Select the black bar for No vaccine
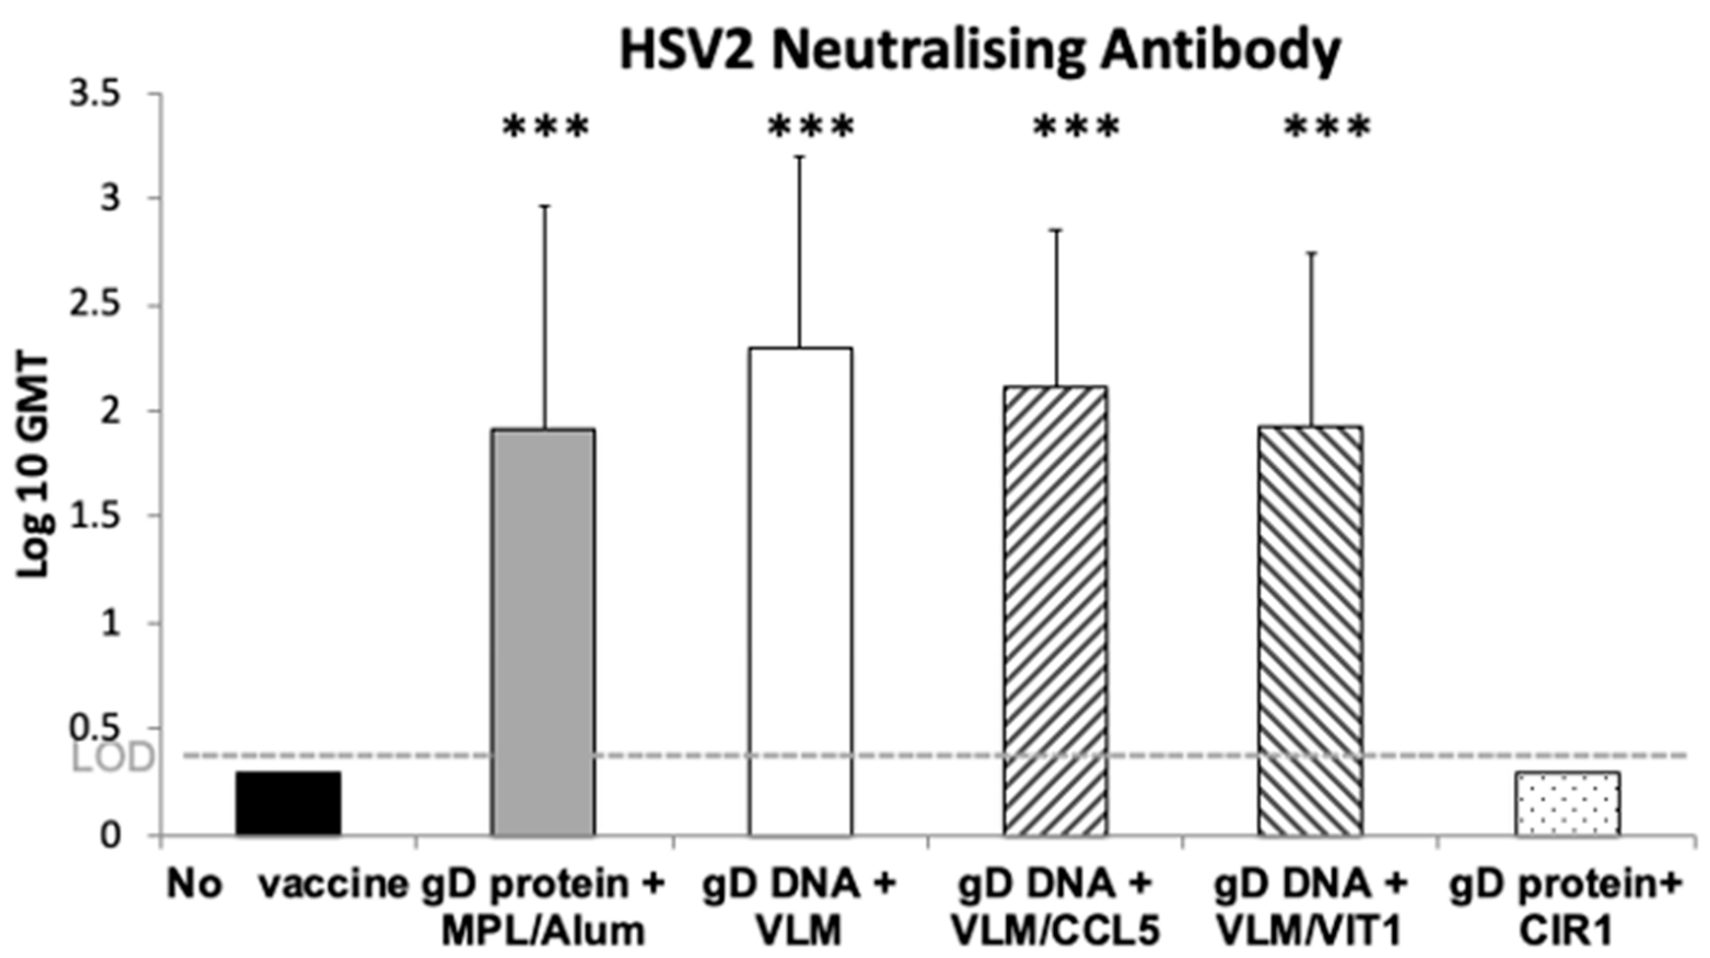click(289, 803)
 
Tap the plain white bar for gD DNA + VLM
click(800, 591)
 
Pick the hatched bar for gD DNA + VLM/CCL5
click(1056, 610)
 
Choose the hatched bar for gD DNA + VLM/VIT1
click(1310, 630)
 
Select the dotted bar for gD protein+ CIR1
click(1567, 803)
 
